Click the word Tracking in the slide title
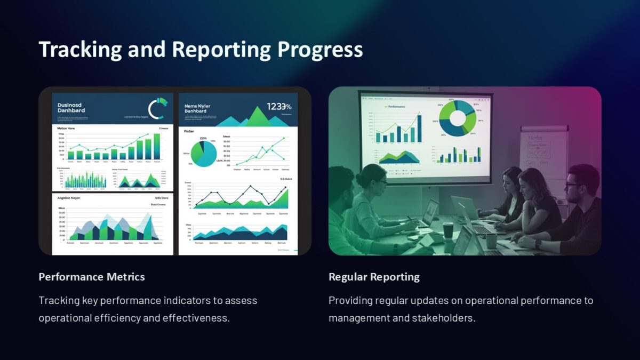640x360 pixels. coord(80,50)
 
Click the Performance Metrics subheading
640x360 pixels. coord(92,277)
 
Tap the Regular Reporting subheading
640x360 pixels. coord(374,277)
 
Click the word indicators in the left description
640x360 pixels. coord(181,300)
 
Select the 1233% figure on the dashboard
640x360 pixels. coord(279,107)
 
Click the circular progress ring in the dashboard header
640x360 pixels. coord(157,108)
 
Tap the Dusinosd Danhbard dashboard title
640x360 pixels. coord(71,108)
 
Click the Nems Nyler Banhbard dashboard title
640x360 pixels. coord(197,108)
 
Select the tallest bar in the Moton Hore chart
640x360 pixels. coord(157,147)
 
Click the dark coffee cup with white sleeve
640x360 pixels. coord(448,231)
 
